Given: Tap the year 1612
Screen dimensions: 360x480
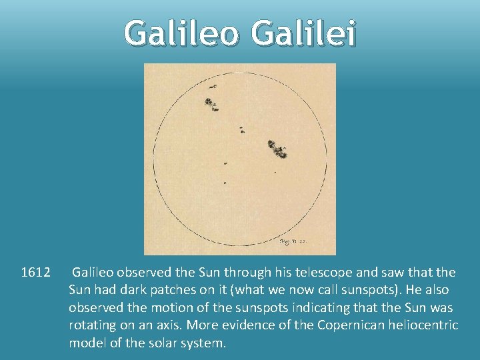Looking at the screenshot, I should pyautogui.click(x=36, y=273).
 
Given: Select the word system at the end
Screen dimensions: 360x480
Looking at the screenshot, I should pyautogui.click(x=204, y=343).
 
